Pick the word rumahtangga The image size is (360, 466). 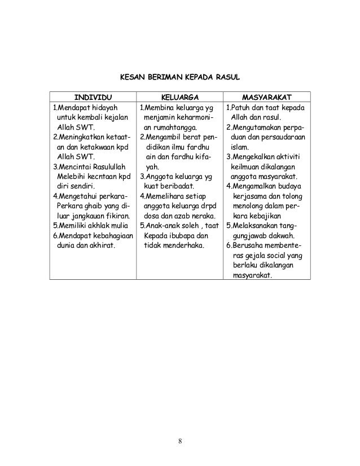tap(174, 128)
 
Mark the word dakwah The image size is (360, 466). tap(280, 236)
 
